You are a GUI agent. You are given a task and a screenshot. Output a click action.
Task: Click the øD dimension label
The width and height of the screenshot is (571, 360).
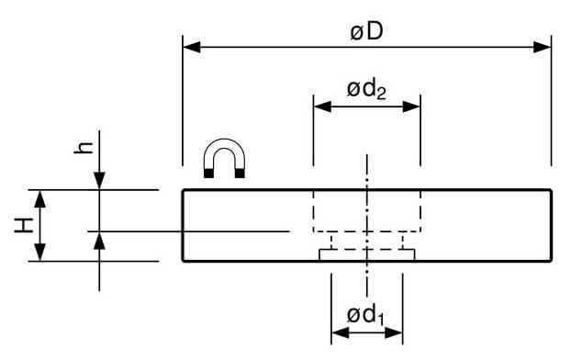(x=366, y=32)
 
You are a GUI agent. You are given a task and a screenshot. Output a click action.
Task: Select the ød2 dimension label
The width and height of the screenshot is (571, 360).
(x=366, y=90)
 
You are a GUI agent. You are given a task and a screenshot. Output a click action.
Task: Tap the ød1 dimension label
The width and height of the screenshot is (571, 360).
(x=365, y=316)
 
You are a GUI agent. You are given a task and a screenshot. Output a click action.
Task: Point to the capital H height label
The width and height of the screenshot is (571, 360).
(x=24, y=225)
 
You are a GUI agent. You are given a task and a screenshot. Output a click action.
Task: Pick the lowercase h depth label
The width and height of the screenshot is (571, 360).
(x=84, y=148)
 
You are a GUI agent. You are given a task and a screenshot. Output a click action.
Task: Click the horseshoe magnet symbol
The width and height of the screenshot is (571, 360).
(x=224, y=158)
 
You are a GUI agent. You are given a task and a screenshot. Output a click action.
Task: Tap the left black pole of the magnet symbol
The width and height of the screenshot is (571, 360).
(x=208, y=174)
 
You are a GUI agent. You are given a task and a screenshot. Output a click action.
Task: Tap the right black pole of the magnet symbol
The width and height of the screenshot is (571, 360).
(x=240, y=174)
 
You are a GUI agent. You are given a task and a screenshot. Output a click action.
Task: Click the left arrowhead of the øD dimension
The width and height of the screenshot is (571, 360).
(x=192, y=47)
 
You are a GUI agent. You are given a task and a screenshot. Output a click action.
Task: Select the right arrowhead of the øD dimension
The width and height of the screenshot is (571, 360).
(x=543, y=47)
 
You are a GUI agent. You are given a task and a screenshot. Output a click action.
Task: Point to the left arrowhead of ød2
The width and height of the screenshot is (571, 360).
(x=322, y=107)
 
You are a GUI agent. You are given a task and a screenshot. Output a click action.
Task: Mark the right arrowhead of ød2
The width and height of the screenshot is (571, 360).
(x=411, y=107)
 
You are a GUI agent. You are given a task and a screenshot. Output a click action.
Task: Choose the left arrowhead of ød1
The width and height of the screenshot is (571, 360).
(x=341, y=332)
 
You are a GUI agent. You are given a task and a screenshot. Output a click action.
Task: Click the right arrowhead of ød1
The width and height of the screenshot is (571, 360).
(x=394, y=332)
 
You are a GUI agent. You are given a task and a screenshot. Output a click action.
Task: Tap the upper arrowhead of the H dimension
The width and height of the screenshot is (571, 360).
(x=39, y=199)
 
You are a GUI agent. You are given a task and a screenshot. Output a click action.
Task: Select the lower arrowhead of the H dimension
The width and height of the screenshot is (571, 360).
(x=39, y=253)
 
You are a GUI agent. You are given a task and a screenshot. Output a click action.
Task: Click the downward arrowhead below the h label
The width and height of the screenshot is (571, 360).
(x=99, y=181)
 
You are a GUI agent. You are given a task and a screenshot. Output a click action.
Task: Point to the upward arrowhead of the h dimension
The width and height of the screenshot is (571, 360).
(x=99, y=241)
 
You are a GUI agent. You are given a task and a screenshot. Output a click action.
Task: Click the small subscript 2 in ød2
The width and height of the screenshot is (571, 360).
(x=381, y=94)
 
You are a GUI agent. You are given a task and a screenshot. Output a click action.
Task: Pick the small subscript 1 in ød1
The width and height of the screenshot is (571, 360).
(x=381, y=320)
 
